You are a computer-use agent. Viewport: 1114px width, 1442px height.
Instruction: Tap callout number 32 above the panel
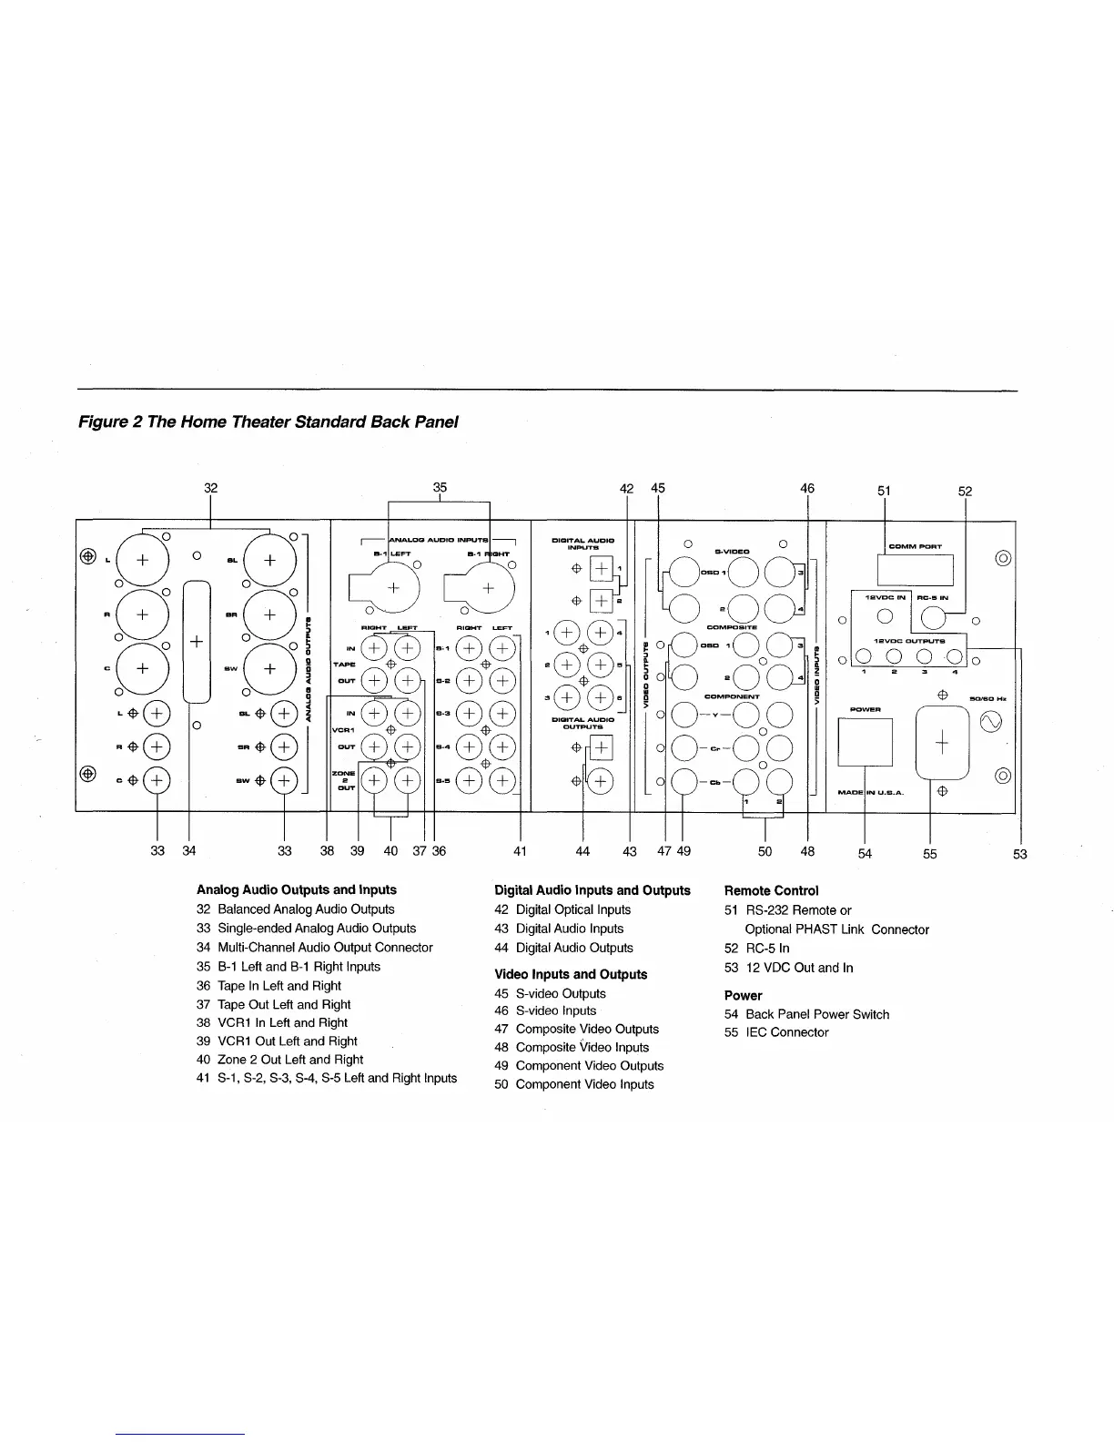(210, 488)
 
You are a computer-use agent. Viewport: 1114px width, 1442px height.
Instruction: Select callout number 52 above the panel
(966, 492)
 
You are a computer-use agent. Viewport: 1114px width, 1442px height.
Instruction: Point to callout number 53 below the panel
(1021, 854)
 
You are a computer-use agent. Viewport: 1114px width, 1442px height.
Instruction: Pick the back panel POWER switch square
(865, 743)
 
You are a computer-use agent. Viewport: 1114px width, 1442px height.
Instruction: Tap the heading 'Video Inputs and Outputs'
(571, 974)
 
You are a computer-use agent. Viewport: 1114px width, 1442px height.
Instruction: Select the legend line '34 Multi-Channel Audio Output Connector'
(314, 947)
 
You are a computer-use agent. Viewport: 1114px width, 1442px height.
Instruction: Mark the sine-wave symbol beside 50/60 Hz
(990, 723)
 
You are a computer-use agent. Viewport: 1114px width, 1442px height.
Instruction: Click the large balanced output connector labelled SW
(269, 668)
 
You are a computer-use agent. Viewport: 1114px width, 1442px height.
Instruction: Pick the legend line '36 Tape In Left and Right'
(268, 985)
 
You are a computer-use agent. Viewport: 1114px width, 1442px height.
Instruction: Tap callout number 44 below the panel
(582, 852)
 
